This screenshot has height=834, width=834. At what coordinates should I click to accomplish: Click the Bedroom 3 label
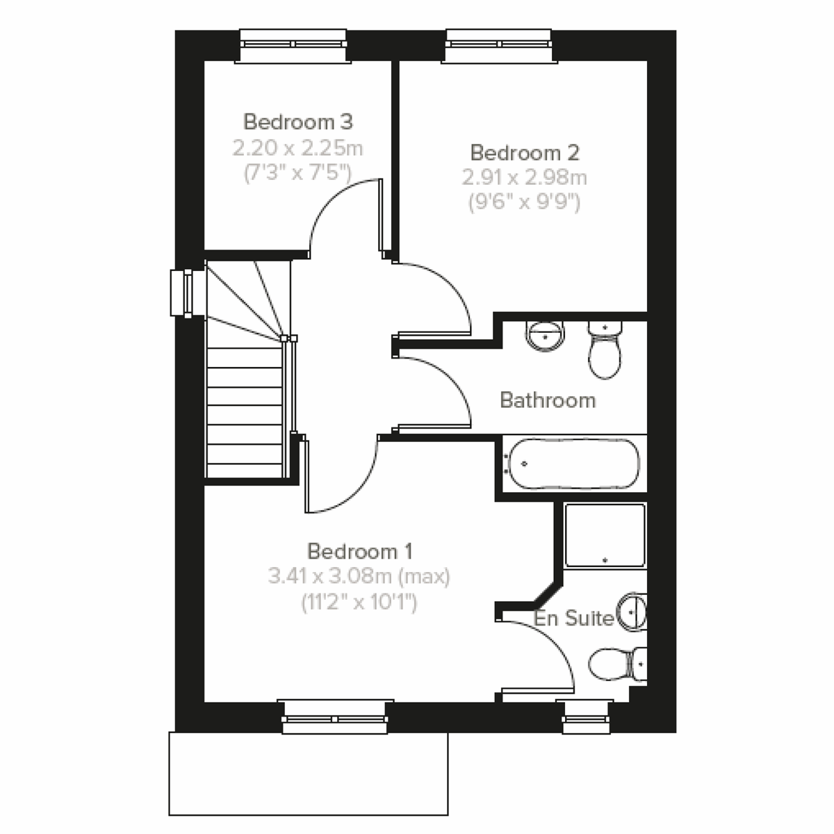point(298,122)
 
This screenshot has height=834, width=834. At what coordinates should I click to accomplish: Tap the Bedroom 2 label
point(525,152)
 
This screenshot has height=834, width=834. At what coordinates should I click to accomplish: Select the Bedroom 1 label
point(360,552)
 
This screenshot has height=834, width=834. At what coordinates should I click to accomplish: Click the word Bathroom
point(548,400)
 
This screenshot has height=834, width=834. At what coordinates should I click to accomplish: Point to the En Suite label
point(573,619)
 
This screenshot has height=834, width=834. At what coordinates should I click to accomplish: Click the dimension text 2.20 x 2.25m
point(298,148)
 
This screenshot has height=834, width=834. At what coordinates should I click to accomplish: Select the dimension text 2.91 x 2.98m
point(525,178)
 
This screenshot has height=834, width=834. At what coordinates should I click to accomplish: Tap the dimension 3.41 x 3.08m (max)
point(359,577)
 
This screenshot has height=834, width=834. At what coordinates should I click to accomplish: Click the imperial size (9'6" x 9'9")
point(525,203)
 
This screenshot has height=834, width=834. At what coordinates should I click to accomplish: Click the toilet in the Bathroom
point(604,350)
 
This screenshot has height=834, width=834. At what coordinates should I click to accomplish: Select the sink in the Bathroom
point(545,335)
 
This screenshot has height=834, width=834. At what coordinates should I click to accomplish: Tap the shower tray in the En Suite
point(605,535)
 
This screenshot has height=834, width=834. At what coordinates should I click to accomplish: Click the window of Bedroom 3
point(293,45)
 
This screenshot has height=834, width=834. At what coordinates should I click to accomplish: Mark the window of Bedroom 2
point(500,45)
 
